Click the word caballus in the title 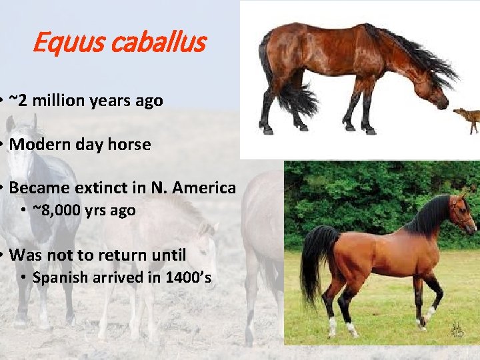pos(158,44)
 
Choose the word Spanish pos(60,277)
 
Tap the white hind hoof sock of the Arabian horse pos(332,326)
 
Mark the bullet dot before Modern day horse pos(3,145)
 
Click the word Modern pos(41,144)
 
